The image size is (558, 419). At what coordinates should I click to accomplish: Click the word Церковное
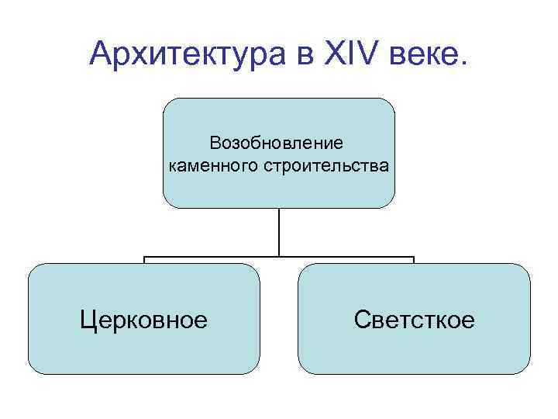(144, 319)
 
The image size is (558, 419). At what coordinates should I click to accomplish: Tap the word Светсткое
(414, 319)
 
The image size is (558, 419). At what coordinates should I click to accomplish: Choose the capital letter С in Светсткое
(361, 319)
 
